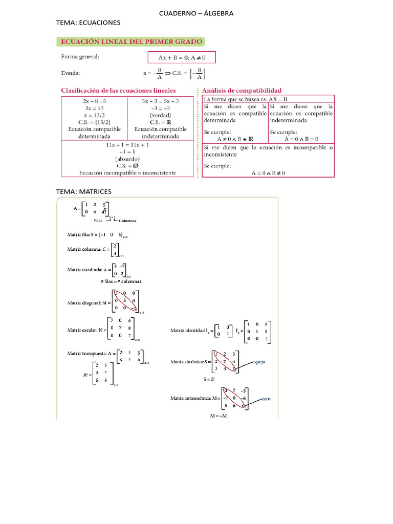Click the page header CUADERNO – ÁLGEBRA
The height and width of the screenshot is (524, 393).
196,13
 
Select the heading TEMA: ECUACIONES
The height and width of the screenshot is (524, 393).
88,23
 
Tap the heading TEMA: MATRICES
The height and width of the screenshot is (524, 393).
83,191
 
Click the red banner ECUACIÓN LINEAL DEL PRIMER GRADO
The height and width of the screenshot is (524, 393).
132,41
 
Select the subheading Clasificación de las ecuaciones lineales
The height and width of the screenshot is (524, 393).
118,91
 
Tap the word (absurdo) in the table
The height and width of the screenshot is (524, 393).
127,159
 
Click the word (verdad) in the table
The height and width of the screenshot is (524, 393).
160,115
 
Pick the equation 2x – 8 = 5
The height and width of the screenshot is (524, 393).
94,101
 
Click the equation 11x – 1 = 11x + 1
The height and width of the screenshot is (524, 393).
127,145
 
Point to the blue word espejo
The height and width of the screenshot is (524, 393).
258,362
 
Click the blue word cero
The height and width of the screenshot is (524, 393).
266,399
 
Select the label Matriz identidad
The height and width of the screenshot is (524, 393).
188,331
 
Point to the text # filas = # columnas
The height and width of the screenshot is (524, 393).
121,281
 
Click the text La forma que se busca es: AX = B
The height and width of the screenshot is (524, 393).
246,99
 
